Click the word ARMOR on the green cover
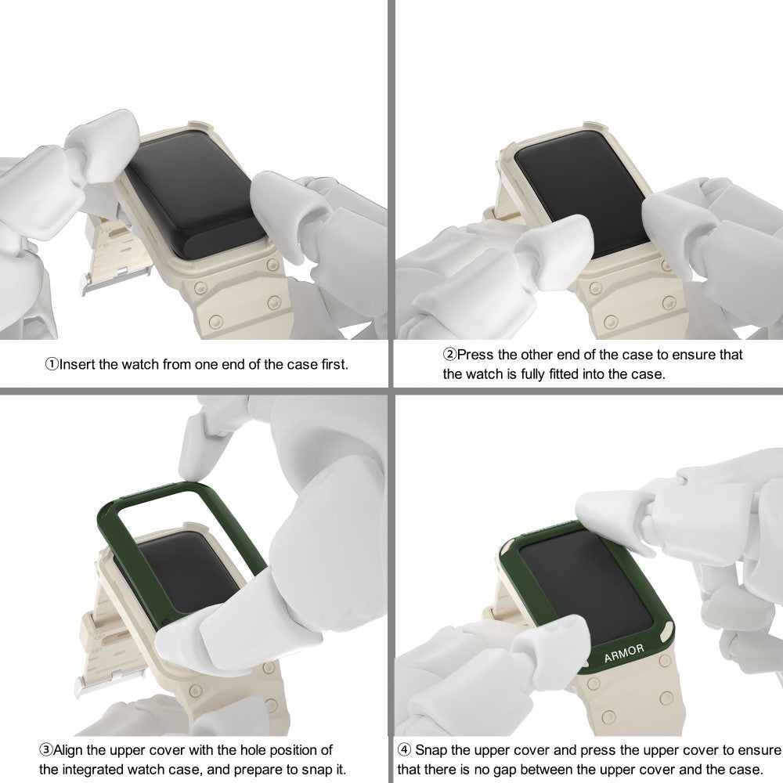coord(624,653)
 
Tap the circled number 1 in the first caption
coord(52,364)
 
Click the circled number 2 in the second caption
coord(450,355)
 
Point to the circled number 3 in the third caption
coord(46,750)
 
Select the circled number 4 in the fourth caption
coord(405,750)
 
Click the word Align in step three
coord(68,751)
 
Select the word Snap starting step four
coord(432,750)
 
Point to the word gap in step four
coord(505,770)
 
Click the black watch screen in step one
coord(196,195)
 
